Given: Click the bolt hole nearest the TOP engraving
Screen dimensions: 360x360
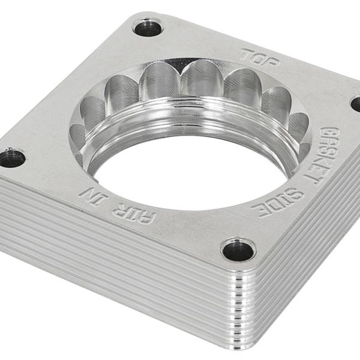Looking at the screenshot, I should [148, 27].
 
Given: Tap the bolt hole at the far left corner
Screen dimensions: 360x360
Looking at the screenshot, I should [11, 158].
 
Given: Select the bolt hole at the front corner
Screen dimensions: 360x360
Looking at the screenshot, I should [238, 250].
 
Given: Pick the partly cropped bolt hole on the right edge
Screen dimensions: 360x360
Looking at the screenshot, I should [356, 103].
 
